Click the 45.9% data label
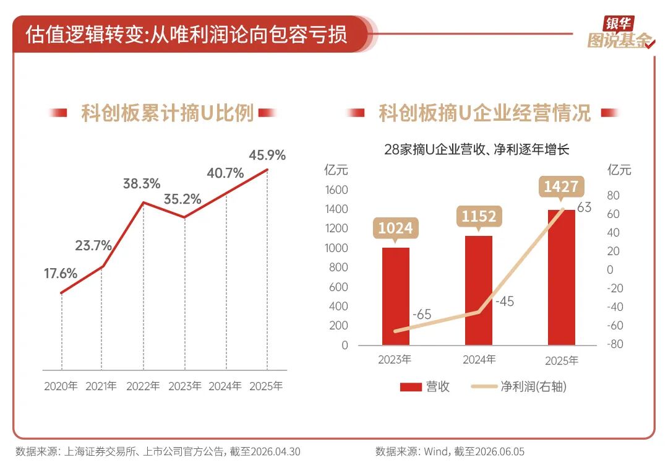(x=267, y=155)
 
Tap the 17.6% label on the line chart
(x=61, y=273)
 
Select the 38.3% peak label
(x=142, y=184)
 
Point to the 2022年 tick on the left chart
(x=143, y=386)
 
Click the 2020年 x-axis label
(x=61, y=386)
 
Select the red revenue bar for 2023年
(x=395, y=297)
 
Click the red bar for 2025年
(x=562, y=277)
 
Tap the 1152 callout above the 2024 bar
(x=479, y=217)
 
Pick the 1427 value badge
(x=561, y=187)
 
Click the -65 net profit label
(x=422, y=315)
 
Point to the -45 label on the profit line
(x=505, y=302)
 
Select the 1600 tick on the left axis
(x=336, y=189)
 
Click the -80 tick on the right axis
(x=615, y=344)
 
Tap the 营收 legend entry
(x=425, y=386)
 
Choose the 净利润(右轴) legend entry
(x=519, y=386)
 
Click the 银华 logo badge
(x=619, y=23)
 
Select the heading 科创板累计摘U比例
(x=168, y=113)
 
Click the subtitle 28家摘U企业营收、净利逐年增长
(x=477, y=149)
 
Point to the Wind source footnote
(x=450, y=451)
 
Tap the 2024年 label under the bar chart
(x=479, y=360)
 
